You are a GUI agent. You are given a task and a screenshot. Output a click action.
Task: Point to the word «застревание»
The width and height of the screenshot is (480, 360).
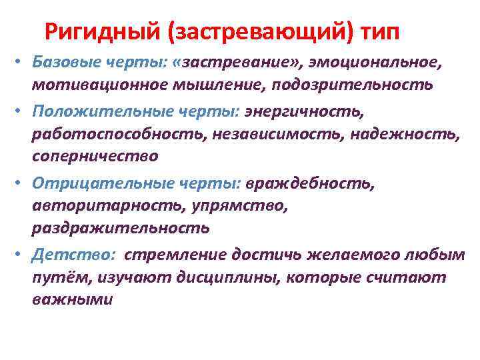click(x=238, y=62)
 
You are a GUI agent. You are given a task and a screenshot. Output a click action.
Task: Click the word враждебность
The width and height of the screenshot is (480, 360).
click(x=310, y=182)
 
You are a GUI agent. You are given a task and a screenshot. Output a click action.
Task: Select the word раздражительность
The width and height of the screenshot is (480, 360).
click(x=121, y=229)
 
